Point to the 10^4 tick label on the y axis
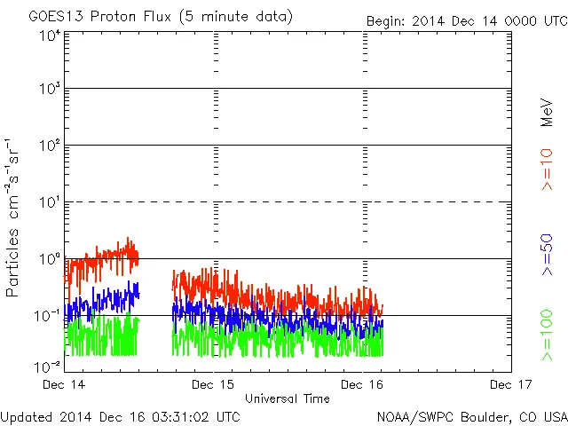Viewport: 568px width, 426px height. click(50, 35)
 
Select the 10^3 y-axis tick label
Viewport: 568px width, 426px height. click(50, 90)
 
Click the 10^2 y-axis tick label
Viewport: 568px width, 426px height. click(50, 146)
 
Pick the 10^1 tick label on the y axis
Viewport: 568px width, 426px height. click(50, 202)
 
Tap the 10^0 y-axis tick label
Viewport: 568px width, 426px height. click(50, 259)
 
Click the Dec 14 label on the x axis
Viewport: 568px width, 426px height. click(66, 384)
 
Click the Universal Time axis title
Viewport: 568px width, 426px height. click(288, 398)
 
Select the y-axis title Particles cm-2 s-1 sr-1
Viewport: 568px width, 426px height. click(15, 217)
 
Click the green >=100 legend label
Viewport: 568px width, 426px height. click(548, 335)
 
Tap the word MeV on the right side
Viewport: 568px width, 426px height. click(548, 113)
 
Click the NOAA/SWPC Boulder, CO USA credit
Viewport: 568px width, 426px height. click(471, 416)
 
